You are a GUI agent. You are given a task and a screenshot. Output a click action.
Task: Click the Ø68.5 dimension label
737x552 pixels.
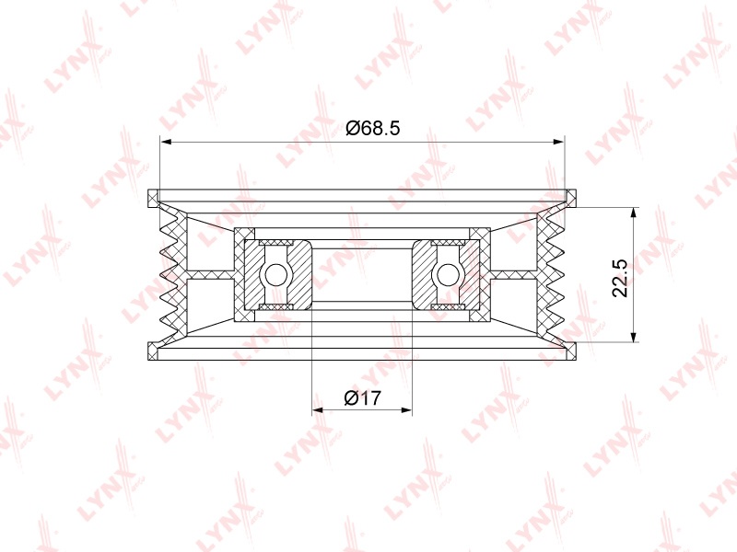point(372,128)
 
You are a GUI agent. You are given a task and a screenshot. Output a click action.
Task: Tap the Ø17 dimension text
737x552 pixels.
point(362,398)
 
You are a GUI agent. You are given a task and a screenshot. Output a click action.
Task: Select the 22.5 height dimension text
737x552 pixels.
point(620,278)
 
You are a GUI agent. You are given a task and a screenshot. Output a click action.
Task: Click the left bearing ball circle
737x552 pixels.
point(275,274)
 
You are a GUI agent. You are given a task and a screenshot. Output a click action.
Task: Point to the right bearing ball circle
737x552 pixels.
point(448,274)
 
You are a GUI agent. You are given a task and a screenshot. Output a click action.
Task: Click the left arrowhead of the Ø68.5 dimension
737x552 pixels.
point(166,142)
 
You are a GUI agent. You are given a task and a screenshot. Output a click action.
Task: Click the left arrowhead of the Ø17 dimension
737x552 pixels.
point(318,409)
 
